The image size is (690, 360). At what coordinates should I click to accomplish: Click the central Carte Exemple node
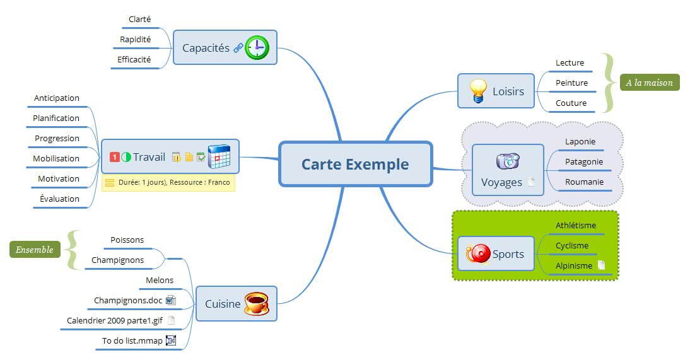[355, 164]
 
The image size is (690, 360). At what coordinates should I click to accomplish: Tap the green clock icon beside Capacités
[257, 47]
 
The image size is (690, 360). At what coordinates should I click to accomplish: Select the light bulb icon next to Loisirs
[479, 91]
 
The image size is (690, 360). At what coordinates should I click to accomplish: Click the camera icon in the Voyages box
[508, 161]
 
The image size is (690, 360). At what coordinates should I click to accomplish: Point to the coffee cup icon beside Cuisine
[257, 303]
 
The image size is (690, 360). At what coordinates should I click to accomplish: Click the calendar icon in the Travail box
[219, 156]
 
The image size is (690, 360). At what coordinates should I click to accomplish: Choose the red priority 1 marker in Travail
[115, 157]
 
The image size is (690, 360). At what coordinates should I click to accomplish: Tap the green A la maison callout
[649, 83]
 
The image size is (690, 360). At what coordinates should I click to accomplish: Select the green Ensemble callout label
[35, 250]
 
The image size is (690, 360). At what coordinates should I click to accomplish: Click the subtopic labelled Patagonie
[583, 161]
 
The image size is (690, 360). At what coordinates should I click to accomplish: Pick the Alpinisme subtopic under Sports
[573, 265]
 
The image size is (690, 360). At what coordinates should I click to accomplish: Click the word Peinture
[571, 83]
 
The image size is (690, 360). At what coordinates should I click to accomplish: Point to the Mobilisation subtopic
[56, 158]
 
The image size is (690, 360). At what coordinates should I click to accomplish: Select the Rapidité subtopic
[135, 39]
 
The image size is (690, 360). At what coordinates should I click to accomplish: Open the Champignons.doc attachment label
[128, 300]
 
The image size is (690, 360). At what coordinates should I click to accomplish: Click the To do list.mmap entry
[132, 341]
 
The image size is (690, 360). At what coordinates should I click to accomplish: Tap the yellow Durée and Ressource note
[168, 183]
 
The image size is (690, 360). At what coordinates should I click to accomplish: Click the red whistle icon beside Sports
[477, 253]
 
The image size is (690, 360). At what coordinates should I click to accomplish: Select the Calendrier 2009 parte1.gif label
[114, 320]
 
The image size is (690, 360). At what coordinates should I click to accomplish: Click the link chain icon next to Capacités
[238, 48]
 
